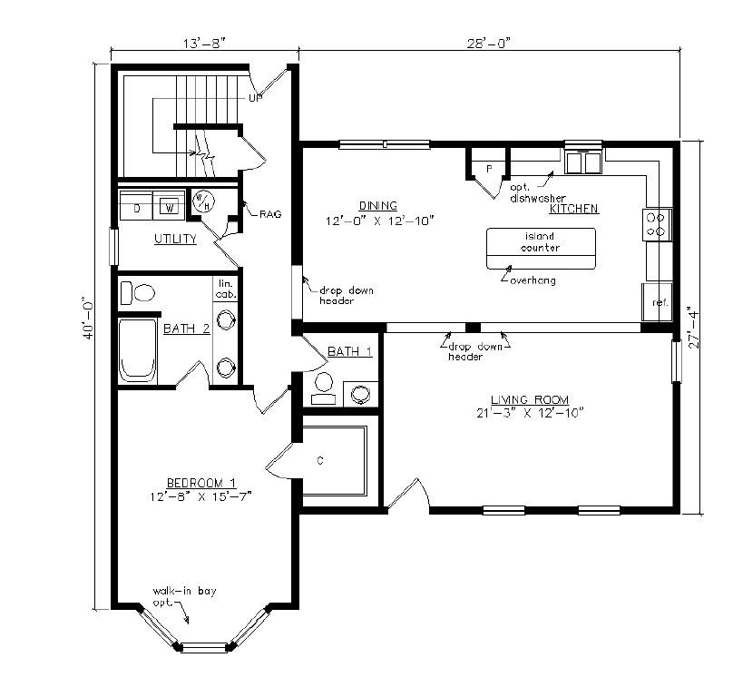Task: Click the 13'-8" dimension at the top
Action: point(204,44)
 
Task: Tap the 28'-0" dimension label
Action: point(488,43)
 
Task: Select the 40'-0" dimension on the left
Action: point(88,318)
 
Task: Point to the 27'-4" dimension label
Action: point(695,327)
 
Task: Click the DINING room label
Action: point(378,205)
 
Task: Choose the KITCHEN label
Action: point(573,209)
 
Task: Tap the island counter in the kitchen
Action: point(541,249)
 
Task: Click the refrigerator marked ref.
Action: point(657,301)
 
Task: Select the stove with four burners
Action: point(657,224)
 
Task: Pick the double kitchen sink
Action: point(583,162)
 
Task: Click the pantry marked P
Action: point(488,170)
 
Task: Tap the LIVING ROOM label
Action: point(530,400)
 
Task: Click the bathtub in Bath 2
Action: point(138,350)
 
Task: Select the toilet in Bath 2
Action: point(138,293)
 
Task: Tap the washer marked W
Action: point(170,205)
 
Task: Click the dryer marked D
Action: point(136,205)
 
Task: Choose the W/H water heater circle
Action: point(203,201)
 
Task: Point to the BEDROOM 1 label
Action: point(201,483)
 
